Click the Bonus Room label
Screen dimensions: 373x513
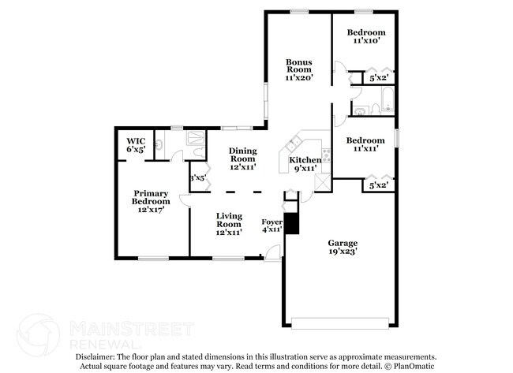point(299,69)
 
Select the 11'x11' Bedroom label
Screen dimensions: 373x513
point(364,144)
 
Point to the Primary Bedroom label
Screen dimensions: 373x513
point(151,202)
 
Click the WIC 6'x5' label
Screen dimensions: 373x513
point(135,145)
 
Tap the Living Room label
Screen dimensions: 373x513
point(229,222)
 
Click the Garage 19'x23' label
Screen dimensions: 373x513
point(343,248)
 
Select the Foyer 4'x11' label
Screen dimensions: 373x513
point(272,226)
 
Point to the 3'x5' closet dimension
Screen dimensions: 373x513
point(197,177)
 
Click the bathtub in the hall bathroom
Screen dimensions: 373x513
point(386,100)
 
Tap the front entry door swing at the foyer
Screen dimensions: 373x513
point(273,252)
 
